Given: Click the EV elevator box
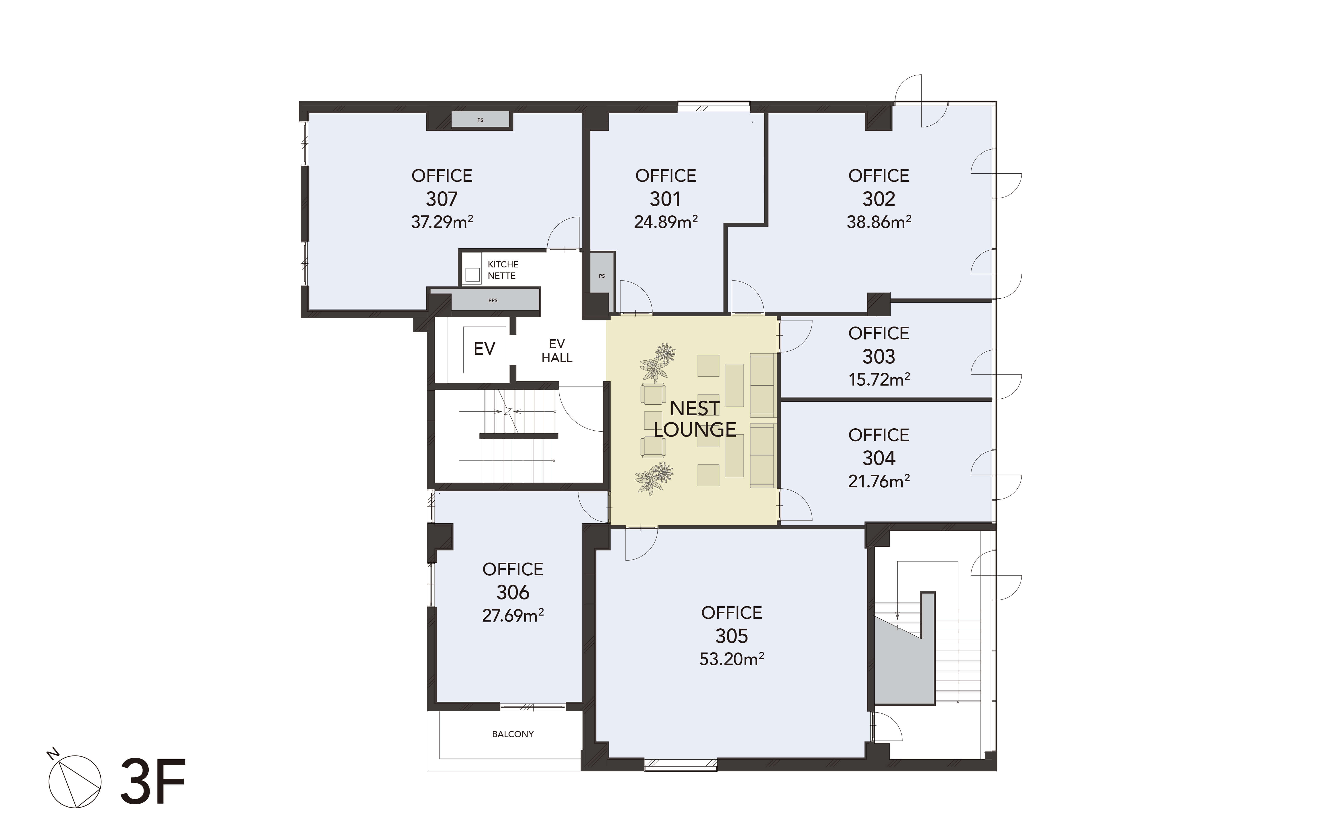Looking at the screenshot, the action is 484,349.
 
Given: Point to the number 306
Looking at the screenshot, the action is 513,592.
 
